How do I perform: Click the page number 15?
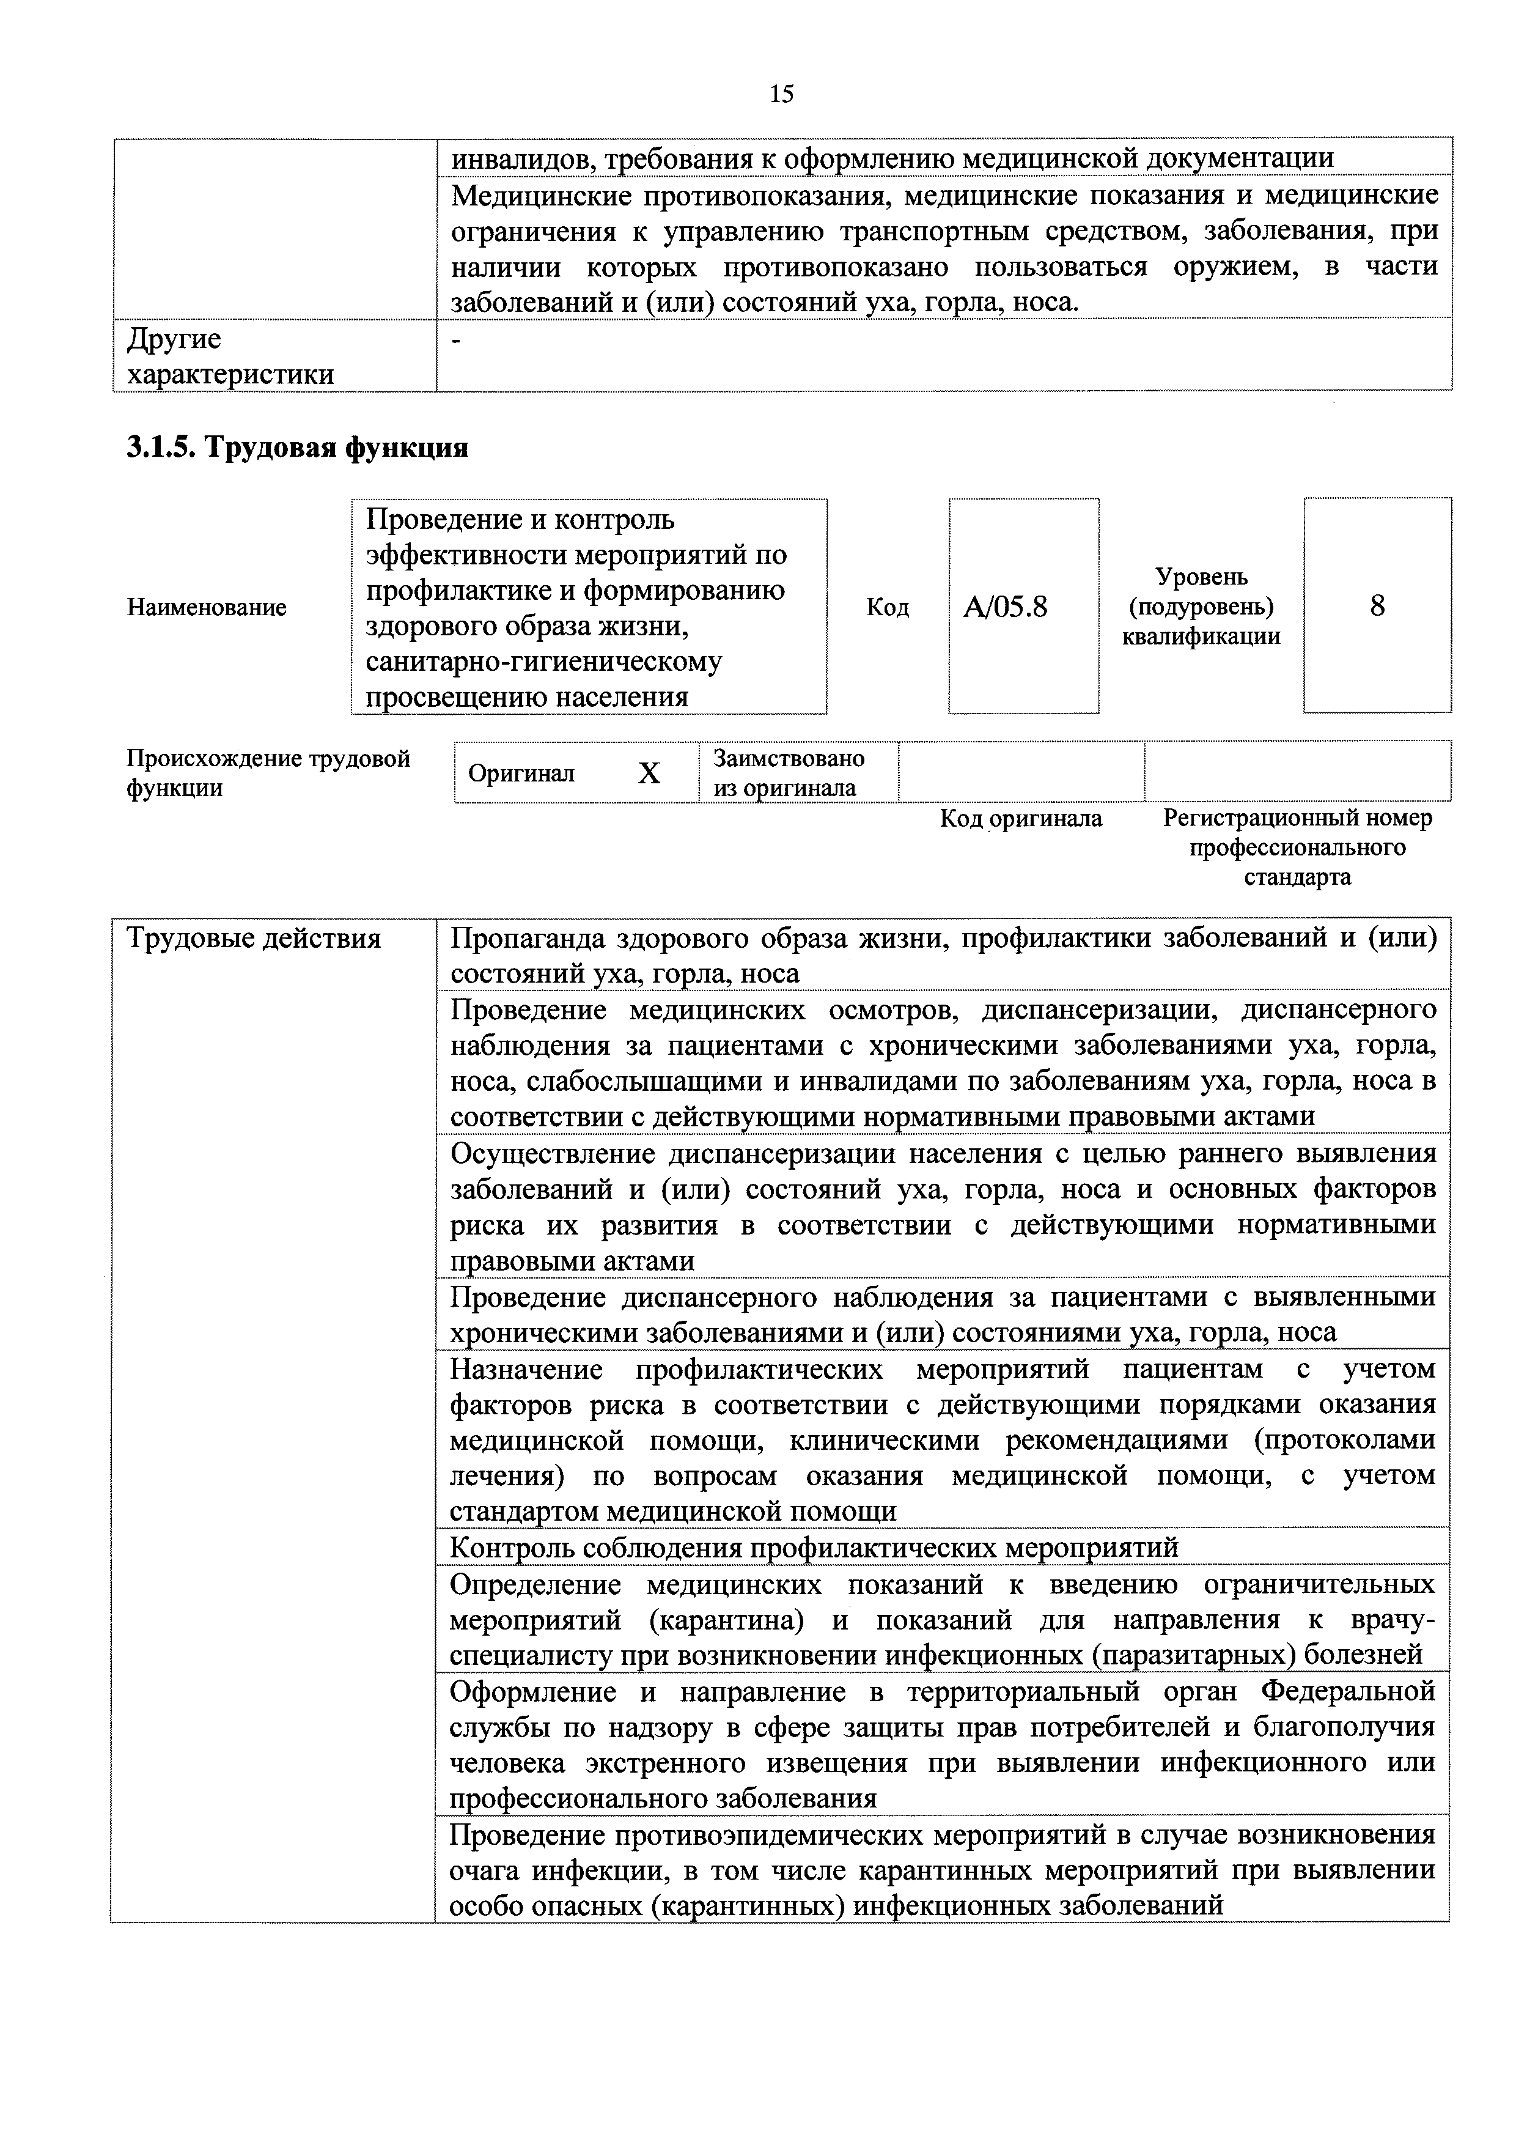(x=782, y=94)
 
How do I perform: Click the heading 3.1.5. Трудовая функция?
(x=297, y=448)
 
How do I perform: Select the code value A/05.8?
(x=1005, y=608)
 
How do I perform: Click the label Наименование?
(x=207, y=608)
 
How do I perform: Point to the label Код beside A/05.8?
(x=888, y=608)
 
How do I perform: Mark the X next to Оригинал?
(x=648, y=773)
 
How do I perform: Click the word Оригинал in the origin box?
(x=521, y=773)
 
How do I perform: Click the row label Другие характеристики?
(x=230, y=356)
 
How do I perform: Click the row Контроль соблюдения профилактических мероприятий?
(x=814, y=1549)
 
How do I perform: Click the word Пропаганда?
(x=526, y=938)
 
